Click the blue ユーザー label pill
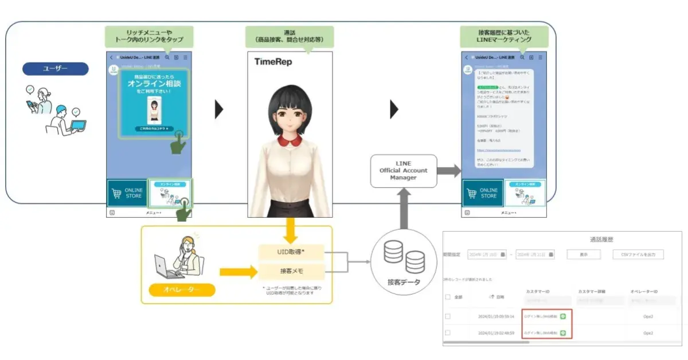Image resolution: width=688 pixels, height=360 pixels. pyautogui.click(x=56, y=69)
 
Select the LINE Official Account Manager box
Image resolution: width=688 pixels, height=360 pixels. pyautogui.click(x=403, y=171)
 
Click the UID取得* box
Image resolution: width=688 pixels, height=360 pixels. pyautogui.click(x=291, y=252)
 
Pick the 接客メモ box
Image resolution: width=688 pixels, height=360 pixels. pyautogui.click(x=291, y=270)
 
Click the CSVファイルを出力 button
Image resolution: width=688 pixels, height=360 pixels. pyautogui.click(x=638, y=255)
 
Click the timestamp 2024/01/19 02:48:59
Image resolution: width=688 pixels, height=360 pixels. pyautogui.click(x=496, y=332)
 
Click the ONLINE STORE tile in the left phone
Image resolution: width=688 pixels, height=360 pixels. pyautogui.click(x=127, y=193)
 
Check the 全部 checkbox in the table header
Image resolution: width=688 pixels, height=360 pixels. pyautogui.click(x=448, y=297)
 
